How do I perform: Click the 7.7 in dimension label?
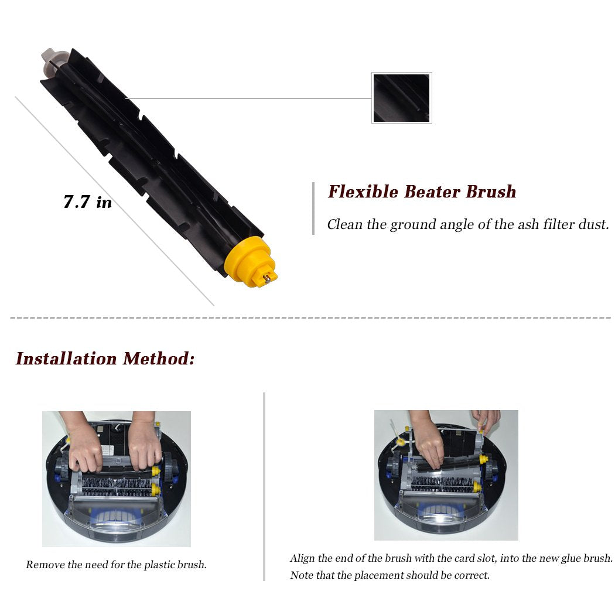pyautogui.click(x=87, y=203)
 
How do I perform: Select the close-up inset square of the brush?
pyautogui.click(x=402, y=98)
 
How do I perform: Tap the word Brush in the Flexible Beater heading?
pyautogui.click(x=491, y=192)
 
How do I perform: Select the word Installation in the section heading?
pyautogui.click(x=67, y=358)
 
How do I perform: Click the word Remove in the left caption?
pyautogui.click(x=42, y=565)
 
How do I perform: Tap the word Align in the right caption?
pyautogui.click(x=303, y=559)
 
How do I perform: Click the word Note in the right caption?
pyautogui.click(x=302, y=575)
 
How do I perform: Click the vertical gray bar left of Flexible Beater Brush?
pyautogui.click(x=313, y=209)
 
